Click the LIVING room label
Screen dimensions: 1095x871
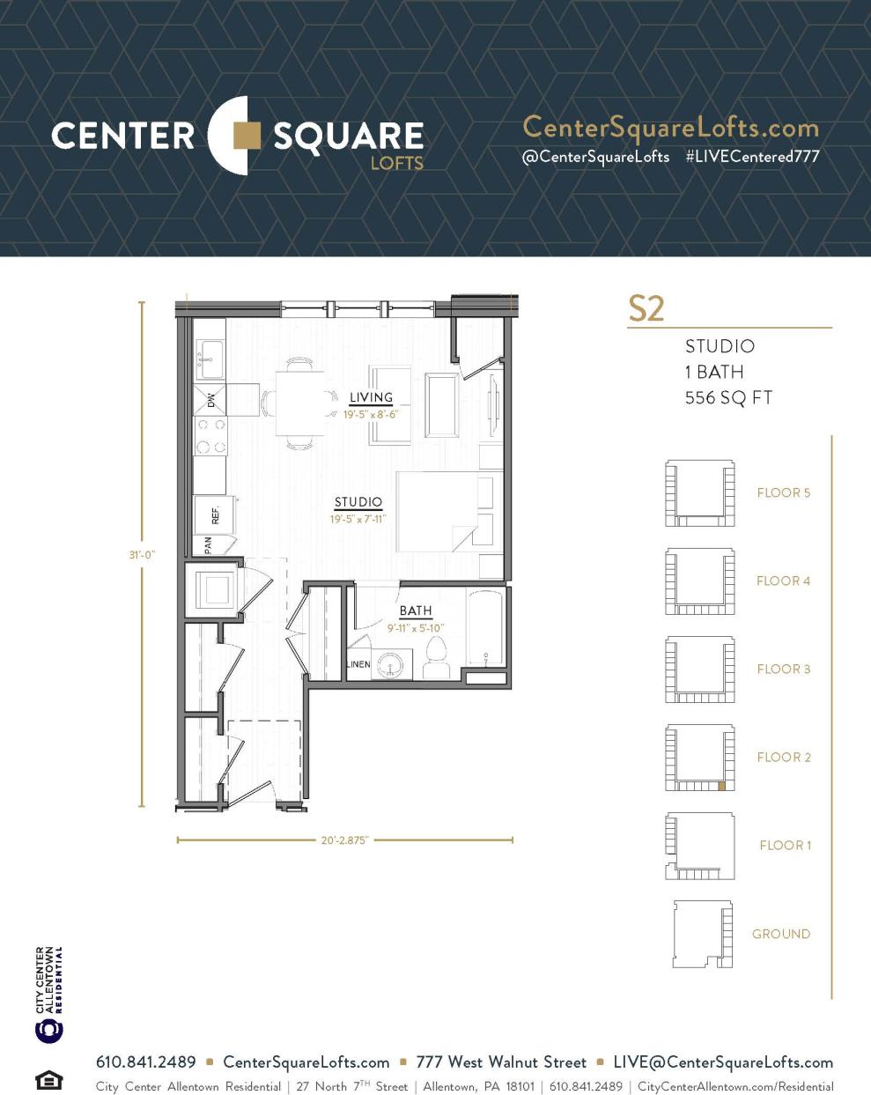pos(371,397)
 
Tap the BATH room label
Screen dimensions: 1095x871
pos(416,610)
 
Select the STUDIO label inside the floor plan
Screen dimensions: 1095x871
pos(358,502)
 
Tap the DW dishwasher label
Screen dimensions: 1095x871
pos(210,400)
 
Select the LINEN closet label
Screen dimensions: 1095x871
pos(358,664)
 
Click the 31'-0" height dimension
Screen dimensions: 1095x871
pos(142,555)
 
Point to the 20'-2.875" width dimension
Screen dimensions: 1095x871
pos(345,840)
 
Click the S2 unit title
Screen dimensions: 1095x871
pos(646,309)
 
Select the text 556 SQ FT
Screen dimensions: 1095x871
pos(728,398)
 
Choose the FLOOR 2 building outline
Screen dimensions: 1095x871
pos(699,758)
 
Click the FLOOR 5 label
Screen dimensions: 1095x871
pos(783,493)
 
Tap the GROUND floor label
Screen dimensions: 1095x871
pos(780,934)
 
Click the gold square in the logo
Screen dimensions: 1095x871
pos(247,136)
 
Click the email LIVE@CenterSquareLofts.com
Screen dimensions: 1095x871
pos(723,1062)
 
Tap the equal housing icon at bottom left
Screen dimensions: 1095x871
pos(48,1079)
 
